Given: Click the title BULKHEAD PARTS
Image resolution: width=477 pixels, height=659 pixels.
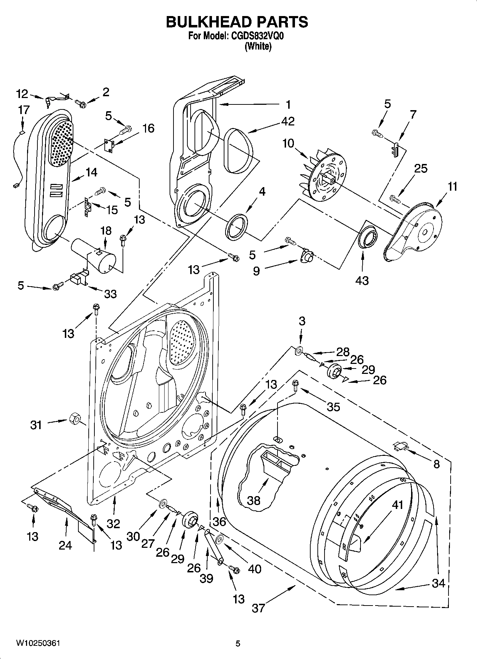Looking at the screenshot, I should (237, 22).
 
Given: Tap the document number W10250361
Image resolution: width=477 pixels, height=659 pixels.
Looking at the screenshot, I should (38, 643).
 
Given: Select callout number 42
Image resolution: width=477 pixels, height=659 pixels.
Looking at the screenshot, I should (288, 121).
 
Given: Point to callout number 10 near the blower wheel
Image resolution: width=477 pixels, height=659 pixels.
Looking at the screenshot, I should (288, 144).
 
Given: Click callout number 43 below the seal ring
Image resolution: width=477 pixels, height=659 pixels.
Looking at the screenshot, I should (362, 280).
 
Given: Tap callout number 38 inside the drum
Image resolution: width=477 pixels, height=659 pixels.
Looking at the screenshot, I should (254, 500).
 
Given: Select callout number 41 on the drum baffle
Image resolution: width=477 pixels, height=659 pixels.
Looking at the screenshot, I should (398, 505).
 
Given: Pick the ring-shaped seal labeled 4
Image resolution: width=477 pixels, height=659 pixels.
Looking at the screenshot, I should (237, 227).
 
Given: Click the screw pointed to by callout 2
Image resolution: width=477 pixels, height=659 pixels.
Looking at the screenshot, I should (81, 104).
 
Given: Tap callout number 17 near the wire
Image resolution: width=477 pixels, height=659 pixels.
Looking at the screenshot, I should (24, 110).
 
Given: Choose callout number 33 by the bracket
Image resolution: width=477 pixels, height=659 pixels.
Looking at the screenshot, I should (110, 294).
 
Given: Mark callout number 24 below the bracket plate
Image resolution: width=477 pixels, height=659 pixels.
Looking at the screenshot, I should (65, 545).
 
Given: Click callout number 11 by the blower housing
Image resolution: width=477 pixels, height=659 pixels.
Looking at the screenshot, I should (452, 186).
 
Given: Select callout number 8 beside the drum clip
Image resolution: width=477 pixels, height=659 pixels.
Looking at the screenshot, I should (437, 464).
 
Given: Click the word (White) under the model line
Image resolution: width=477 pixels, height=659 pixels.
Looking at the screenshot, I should (258, 46).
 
